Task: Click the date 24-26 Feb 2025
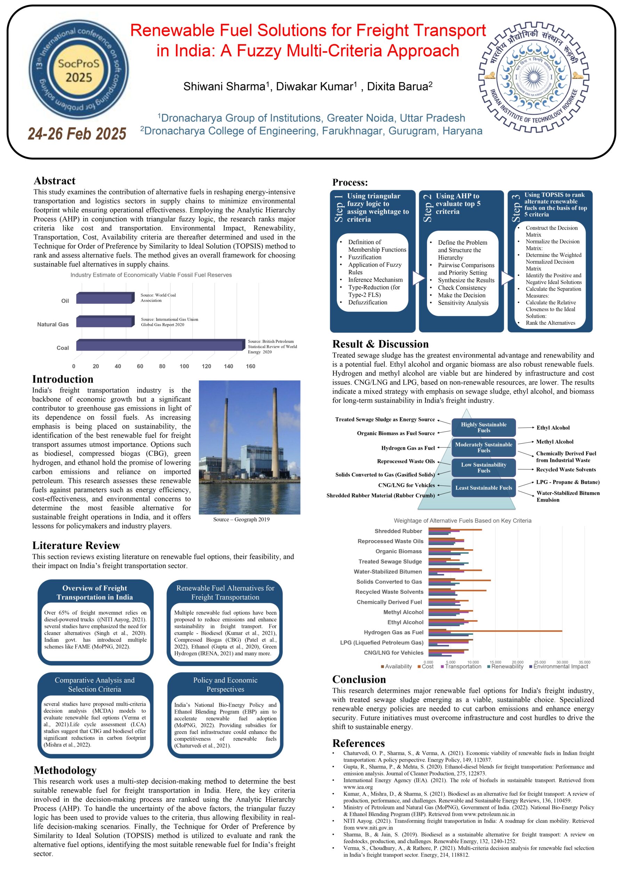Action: point(77,134)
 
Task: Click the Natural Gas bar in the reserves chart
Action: point(105,322)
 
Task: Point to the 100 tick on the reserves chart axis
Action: point(184,366)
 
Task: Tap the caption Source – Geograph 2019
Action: point(241,519)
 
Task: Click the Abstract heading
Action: point(54,181)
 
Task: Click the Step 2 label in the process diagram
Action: point(427,208)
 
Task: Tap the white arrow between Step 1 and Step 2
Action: point(418,278)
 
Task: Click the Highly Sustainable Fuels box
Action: point(484,427)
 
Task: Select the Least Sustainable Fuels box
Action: point(484,488)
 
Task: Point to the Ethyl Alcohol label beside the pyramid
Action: point(553,428)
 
